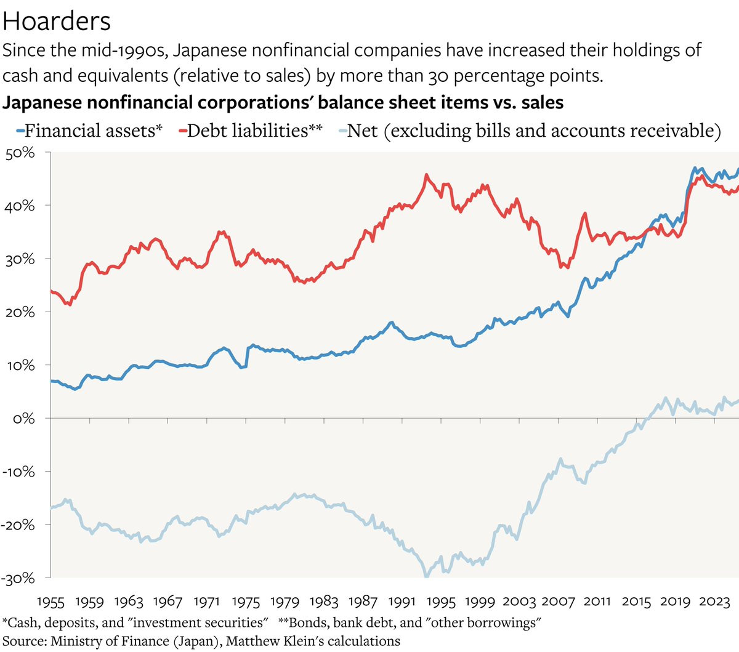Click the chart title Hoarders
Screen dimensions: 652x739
coord(57,22)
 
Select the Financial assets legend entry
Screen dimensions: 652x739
coord(93,131)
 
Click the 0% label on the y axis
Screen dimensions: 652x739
coord(25,419)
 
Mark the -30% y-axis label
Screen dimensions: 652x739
coord(18,578)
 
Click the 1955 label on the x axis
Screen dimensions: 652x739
coord(50,601)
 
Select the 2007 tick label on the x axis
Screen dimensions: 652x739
coord(559,601)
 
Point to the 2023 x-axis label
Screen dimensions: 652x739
coord(714,601)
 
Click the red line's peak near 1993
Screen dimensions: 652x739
coord(426,175)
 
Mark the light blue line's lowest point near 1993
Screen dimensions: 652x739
coord(426,576)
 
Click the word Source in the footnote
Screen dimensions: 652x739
coord(23,641)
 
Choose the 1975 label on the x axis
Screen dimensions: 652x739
coord(246,601)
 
